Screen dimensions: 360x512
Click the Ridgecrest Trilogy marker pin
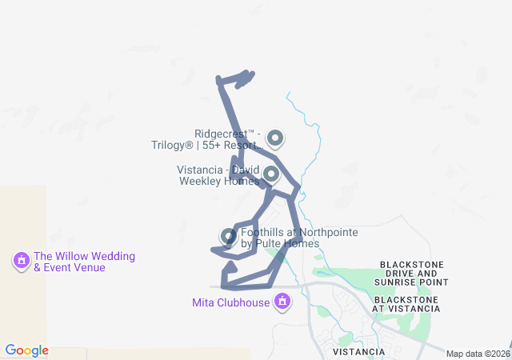pos(275,139)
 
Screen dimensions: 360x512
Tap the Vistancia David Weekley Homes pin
pos(271,174)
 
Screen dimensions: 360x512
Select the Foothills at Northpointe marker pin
pos(228,236)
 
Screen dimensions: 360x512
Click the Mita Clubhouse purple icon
pos(282,302)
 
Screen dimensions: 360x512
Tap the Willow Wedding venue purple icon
pos(21,260)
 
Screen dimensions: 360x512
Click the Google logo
pos(26,350)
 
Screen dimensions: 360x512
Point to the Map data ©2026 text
pos(477,354)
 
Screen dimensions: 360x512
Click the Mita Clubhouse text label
pos(230,302)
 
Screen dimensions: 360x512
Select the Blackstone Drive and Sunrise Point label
pos(414,273)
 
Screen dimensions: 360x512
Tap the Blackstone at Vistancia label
pos(406,303)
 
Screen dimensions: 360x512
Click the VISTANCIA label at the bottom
pos(359,351)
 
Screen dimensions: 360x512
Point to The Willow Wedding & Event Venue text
pos(79,262)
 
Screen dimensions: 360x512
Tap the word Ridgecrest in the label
pos(223,134)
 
